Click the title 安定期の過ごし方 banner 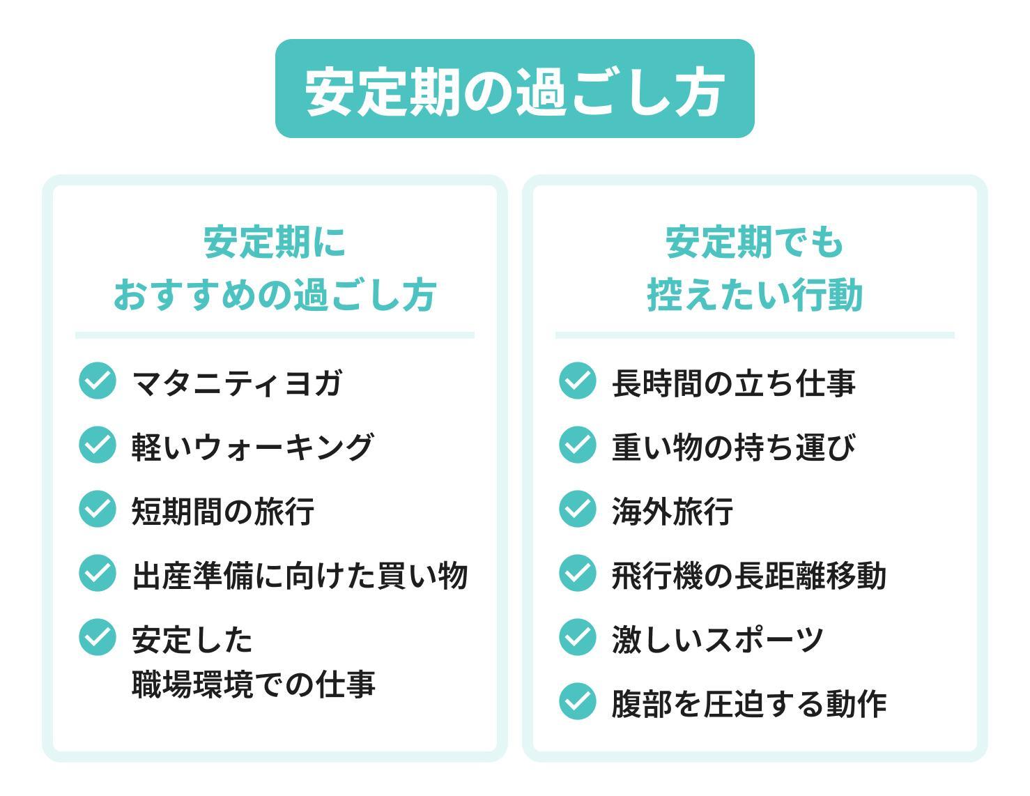pos(514,89)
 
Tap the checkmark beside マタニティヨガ pos(97,381)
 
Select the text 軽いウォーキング pos(252,446)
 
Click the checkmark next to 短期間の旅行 pos(97,509)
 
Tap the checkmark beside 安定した pos(97,637)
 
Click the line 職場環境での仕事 pos(254,684)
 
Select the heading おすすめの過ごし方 pos(275,294)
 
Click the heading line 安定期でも pos(755,243)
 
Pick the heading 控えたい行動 pos(755,294)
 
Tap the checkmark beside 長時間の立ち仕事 pos(577,381)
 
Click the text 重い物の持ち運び pos(732,446)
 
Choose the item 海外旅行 pos(672,511)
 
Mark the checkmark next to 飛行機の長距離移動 pos(577,573)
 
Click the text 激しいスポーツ pos(718,639)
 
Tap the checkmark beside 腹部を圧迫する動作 pos(577,701)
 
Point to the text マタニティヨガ pos(237,383)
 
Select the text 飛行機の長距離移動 pos(748,575)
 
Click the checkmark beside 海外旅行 pos(577,509)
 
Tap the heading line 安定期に pos(275,243)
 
